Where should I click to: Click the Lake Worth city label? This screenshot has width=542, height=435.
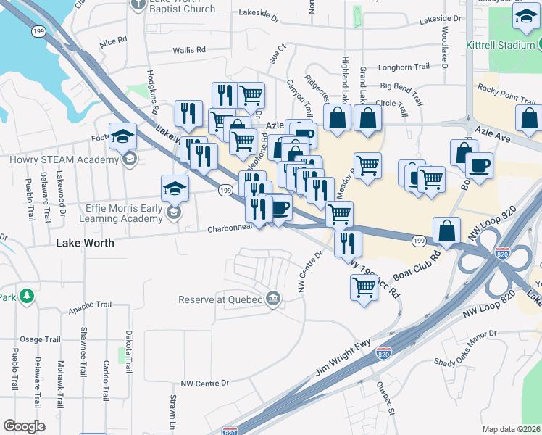coord(85,244)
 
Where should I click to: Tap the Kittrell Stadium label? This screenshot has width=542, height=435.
coord(499,45)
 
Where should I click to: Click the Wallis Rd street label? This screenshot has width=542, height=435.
coord(189,51)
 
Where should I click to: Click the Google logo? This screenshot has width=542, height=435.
coord(24,426)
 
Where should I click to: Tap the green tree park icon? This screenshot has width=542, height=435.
coord(27,296)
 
